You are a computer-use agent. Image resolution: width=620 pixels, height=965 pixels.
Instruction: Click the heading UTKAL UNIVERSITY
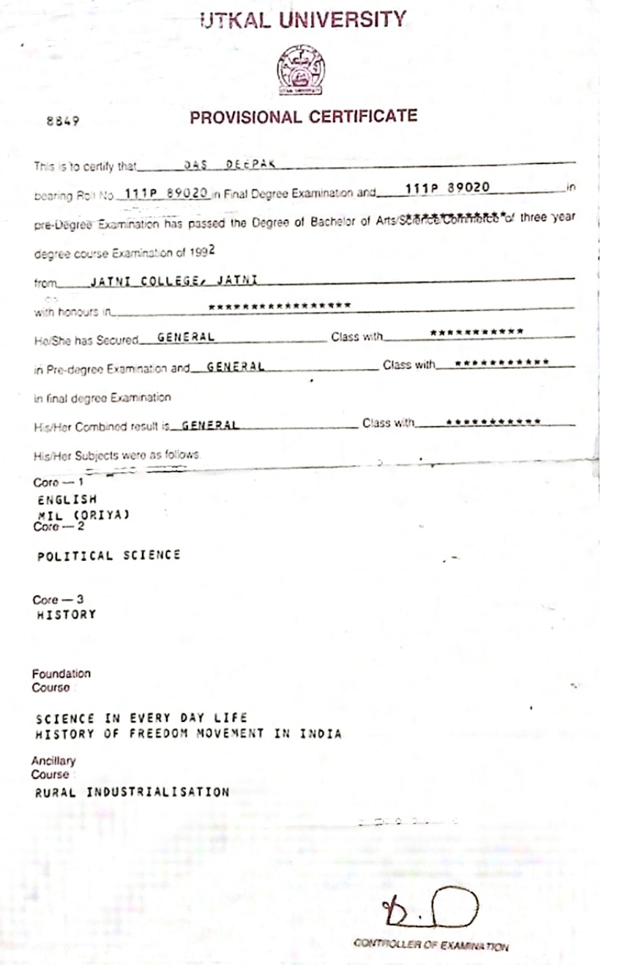pos(302,21)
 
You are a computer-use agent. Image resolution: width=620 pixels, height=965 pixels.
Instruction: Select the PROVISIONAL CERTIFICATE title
pos(303,117)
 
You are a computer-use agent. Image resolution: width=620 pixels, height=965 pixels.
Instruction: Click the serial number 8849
pos(63,122)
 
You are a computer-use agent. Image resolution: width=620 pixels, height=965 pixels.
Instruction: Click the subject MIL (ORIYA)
pos(83,515)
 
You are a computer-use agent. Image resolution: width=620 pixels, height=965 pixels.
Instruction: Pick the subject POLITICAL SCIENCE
pos(108,556)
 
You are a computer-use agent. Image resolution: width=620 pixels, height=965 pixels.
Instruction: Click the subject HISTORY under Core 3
pos(66,614)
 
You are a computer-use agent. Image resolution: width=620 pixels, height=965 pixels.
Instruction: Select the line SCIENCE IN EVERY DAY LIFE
pos(141,718)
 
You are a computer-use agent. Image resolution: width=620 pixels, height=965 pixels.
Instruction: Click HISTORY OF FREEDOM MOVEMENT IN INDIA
pos(188,734)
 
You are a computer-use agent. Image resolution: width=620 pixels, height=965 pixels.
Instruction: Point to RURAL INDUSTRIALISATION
pos(132,791)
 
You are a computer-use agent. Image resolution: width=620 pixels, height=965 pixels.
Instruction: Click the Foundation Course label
pos(61,680)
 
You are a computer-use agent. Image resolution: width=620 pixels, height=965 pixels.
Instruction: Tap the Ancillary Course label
pos(53,767)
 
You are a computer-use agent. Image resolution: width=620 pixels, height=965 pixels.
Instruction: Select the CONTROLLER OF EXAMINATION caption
pos(430,945)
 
